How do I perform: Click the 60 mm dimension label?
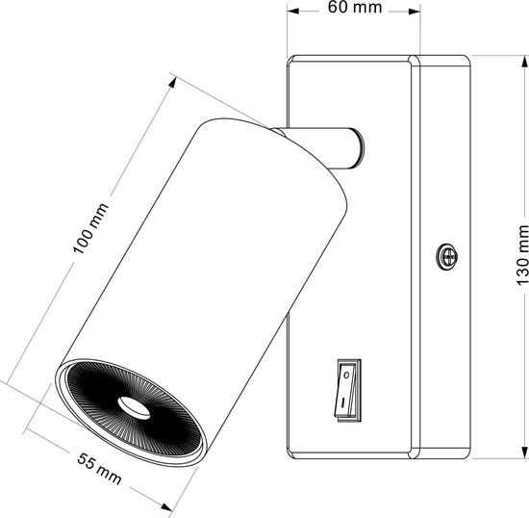(355, 8)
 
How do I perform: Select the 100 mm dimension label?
(90, 228)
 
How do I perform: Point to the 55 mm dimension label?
(99, 468)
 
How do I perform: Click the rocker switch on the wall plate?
(348, 390)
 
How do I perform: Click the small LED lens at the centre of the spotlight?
(134, 408)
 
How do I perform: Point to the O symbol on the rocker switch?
(346, 375)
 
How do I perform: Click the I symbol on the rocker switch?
(342, 402)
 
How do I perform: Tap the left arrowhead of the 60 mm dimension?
(292, 12)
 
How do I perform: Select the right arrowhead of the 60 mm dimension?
(415, 12)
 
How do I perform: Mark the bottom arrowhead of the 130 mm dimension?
(524, 453)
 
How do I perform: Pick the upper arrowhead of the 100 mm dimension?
(172, 82)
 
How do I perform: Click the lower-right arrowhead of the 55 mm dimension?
(166, 506)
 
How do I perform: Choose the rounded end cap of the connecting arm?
(359, 148)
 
